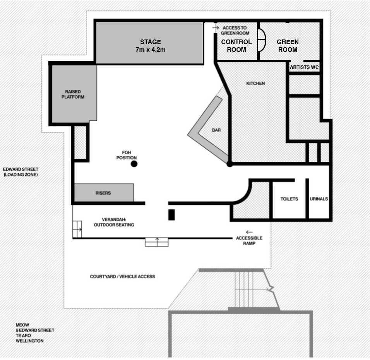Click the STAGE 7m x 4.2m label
(x=151, y=46)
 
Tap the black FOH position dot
(x=134, y=164)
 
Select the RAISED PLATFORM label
(x=73, y=94)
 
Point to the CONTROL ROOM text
(x=236, y=46)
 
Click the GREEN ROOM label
(x=288, y=46)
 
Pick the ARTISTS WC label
(x=305, y=67)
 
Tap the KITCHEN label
(x=255, y=83)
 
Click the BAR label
(x=216, y=130)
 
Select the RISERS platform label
(x=103, y=193)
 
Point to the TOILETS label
(x=289, y=199)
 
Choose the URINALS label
(x=319, y=199)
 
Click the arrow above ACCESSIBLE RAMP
(x=249, y=232)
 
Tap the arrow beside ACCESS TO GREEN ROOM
(x=216, y=28)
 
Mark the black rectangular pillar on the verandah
(x=171, y=215)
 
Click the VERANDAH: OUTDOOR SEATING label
(x=114, y=222)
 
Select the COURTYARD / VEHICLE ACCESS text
(x=122, y=276)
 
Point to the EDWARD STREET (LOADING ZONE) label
(x=21, y=172)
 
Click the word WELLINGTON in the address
(x=30, y=341)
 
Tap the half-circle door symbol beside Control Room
(x=262, y=40)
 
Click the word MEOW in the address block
(x=22, y=325)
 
